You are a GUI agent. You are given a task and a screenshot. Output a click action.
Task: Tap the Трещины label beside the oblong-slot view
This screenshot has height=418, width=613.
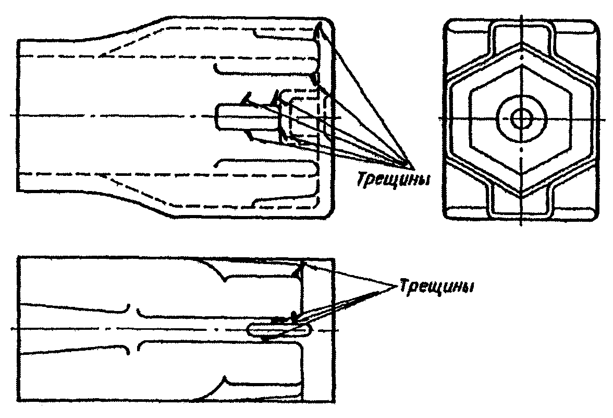coord(437,286)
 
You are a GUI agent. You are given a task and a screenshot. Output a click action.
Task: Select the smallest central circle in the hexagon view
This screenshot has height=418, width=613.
coord(520,118)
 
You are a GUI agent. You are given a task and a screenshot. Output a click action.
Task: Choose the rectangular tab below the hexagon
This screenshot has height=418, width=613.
coord(520,205)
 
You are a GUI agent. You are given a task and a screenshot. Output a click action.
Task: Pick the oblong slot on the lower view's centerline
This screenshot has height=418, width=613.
coord(279,330)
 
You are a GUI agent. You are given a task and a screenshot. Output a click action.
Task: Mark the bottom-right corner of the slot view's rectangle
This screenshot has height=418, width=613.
coord(334,402)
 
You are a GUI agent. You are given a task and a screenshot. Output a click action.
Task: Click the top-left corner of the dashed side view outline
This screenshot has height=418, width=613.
coord(18,40)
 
